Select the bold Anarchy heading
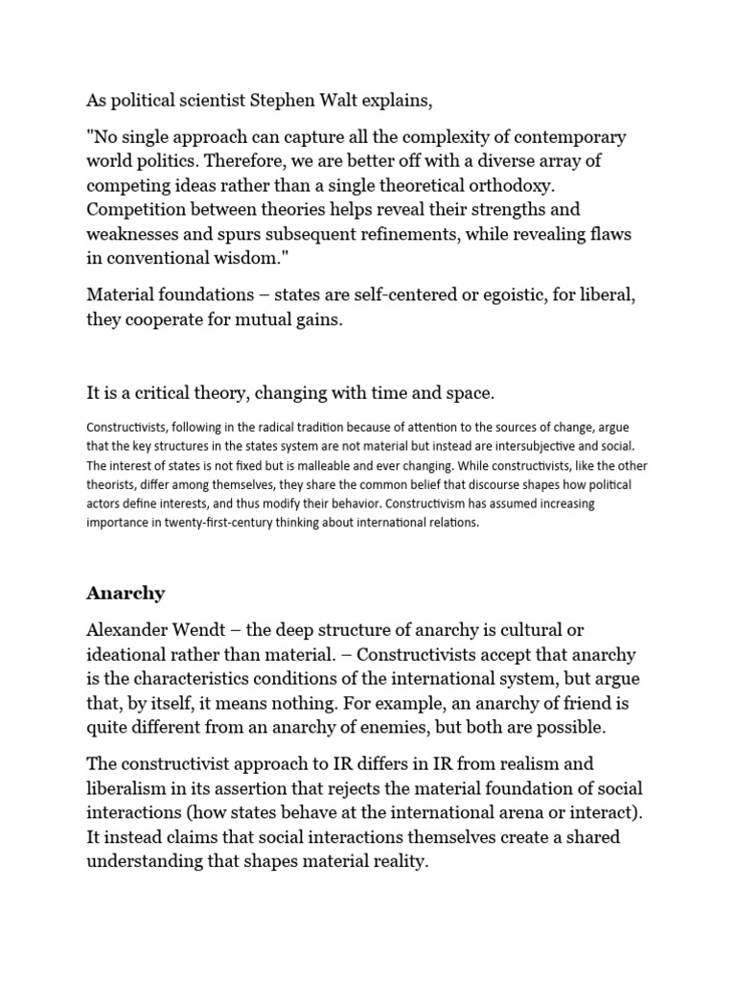pos(126,593)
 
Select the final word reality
pos(383,862)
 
